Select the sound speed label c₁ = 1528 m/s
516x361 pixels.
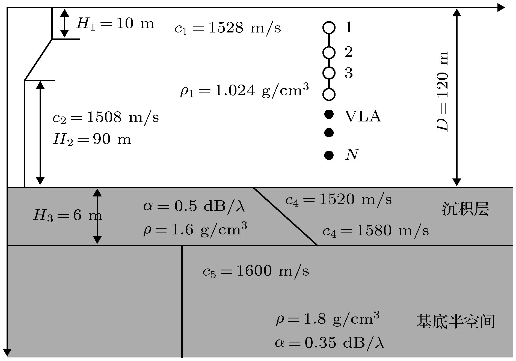coord(228,28)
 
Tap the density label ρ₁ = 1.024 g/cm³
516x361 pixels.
coord(244,91)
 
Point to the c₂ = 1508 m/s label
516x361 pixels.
coord(106,118)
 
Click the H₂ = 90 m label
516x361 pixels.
coord(92,139)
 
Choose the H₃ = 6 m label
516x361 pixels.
coord(68,216)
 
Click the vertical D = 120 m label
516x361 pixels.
coord(442,91)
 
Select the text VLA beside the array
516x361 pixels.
coord(363,117)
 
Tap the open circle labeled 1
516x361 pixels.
coord(329,27)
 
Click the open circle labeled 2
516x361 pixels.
coord(329,52)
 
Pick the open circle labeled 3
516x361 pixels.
coord(329,73)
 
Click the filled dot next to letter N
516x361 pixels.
coord(329,155)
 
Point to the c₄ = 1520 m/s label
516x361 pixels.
coord(339,200)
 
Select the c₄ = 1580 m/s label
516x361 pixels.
coord(376,231)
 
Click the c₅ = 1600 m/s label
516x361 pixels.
coord(256,271)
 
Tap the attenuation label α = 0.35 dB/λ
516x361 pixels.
coord(330,343)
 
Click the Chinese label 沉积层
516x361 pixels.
coord(465,209)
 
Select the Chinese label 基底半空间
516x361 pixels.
coord(455,321)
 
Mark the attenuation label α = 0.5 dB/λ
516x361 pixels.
coord(194,207)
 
